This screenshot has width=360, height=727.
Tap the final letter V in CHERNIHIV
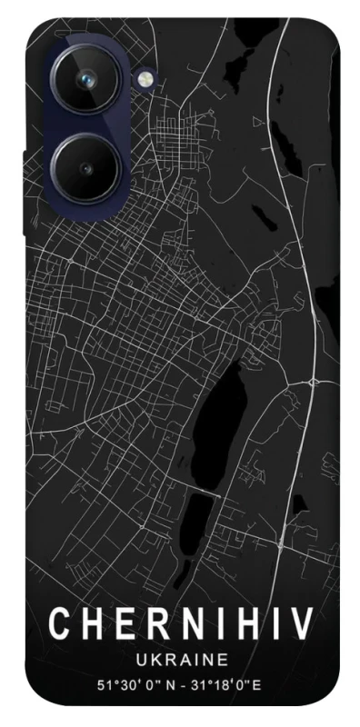pos(300,625)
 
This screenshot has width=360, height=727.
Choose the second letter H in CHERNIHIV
pos(251,625)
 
